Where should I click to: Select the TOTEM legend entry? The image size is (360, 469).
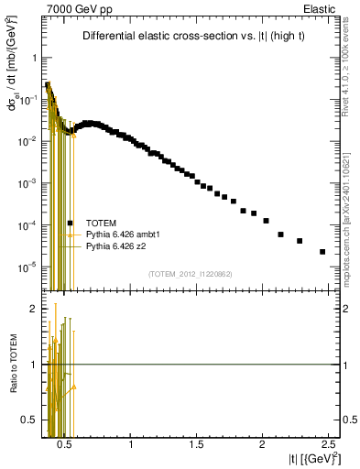(x=100, y=223)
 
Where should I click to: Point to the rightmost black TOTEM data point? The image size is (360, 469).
(x=322, y=252)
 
